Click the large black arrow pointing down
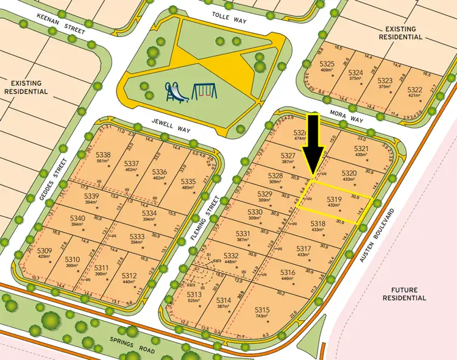tap(312, 143)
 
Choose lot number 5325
tap(327, 65)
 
